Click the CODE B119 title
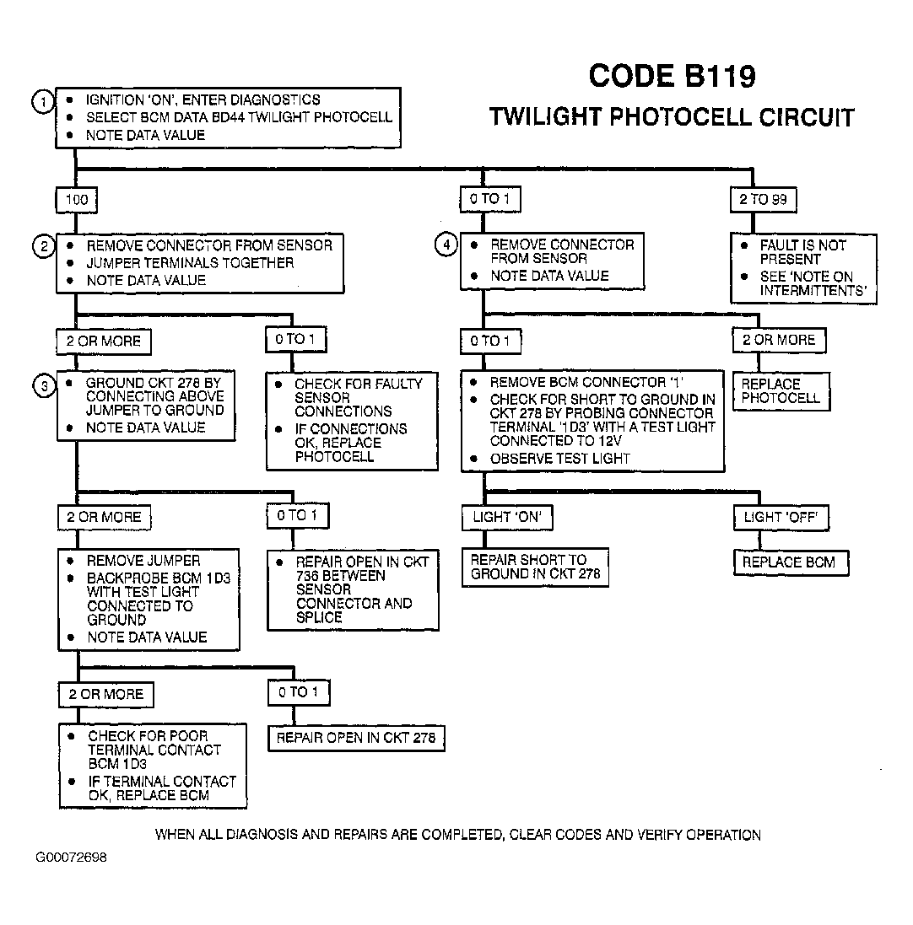tap(672, 76)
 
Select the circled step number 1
tap(43, 102)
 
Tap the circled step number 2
tap(44, 246)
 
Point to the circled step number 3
tap(44, 386)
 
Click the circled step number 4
tap(446, 245)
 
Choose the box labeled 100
tap(77, 200)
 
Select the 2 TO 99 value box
tap(763, 199)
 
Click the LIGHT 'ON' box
tap(507, 518)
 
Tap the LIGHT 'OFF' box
tap(781, 518)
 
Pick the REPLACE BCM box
tap(791, 562)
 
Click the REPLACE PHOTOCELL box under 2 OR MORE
tap(781, 391)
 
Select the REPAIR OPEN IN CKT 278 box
tap(356, 738)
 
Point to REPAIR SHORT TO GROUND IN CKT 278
tap(535, 567)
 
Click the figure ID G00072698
tap(72, 858)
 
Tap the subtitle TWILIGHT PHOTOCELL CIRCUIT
tap(672, 117)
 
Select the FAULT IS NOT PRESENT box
tap(804, 268)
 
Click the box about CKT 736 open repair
tap(353, 590)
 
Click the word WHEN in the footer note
tap(176, 835)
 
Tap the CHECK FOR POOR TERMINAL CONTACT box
tap(153, 766)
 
